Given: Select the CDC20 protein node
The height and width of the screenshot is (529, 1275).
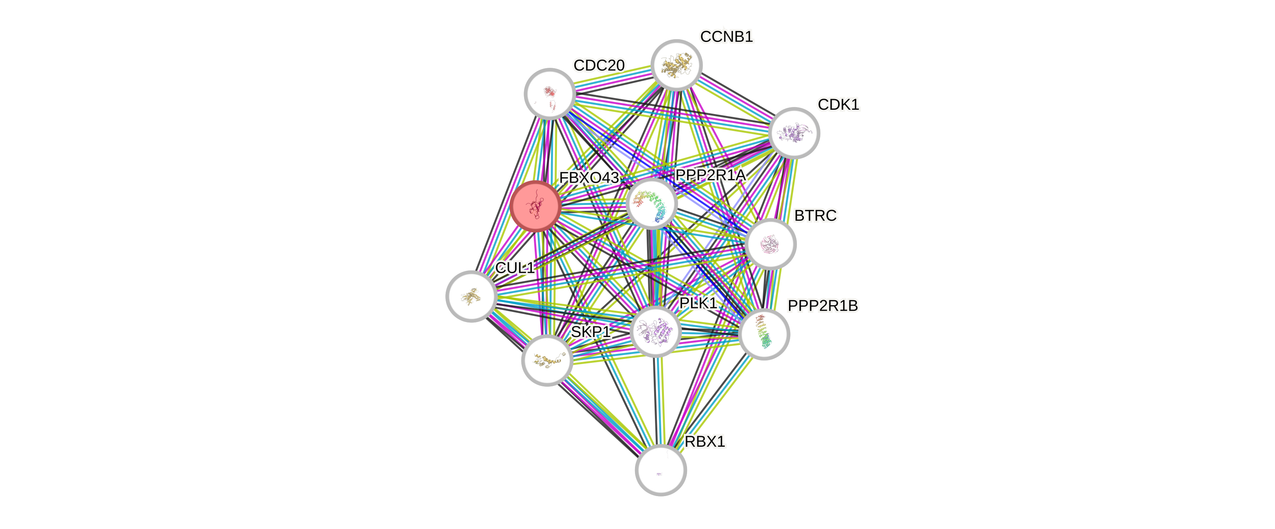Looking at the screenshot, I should tap(550, 94).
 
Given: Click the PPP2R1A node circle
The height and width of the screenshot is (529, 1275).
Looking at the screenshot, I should tap(652, 203).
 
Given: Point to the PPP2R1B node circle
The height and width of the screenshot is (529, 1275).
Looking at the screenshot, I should tap(764, 334).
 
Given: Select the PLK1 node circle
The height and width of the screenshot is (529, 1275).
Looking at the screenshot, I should tap(656, 331).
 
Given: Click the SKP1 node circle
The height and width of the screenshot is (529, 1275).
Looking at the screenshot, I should tap(547, 360).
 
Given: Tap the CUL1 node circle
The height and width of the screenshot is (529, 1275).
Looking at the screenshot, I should tap(471, 296).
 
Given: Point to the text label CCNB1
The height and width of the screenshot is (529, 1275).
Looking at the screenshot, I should tap(727, 36).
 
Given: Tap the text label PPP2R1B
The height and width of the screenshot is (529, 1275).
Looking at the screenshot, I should tap(823, 306).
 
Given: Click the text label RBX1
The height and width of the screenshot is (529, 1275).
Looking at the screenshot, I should tap(705, 441).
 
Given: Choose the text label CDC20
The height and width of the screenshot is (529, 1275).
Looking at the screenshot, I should tap(599, 65).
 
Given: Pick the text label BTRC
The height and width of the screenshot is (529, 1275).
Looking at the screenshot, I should tap(815, 216).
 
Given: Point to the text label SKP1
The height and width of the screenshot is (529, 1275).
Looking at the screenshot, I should tap(591, 332).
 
